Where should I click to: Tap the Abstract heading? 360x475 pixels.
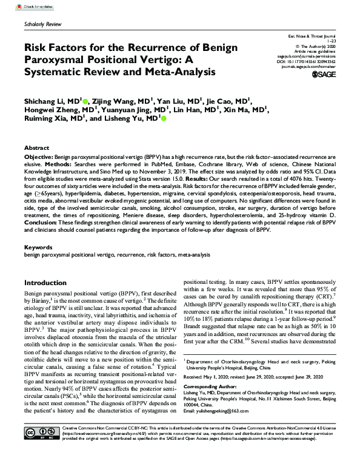point(36,147)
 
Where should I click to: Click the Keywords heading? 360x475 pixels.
point(38,248)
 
